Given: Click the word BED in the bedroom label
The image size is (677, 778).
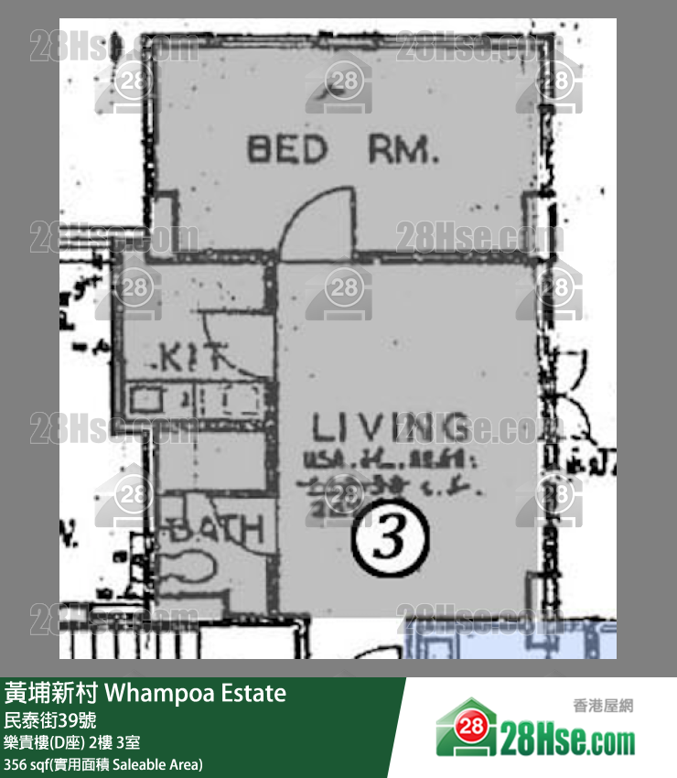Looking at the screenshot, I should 286,149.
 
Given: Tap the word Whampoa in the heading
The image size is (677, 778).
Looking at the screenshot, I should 155,693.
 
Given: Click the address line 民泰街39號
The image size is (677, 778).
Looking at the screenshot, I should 50,719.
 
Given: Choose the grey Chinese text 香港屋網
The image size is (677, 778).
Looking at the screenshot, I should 603,706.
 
